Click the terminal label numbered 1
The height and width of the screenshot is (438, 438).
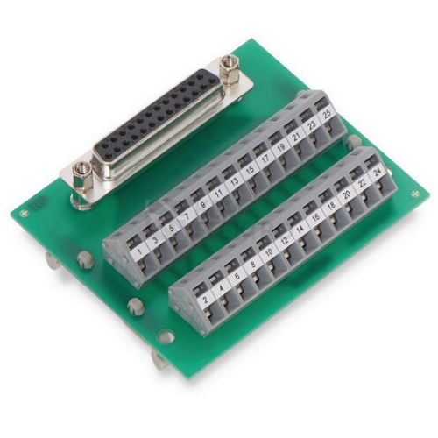click(x=139, y=251)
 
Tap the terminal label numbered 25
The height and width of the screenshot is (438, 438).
click(x=328, y=113)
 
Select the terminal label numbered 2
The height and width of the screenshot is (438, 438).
click(x=206, y=300)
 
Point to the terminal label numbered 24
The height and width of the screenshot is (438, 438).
click(x=378, y=173)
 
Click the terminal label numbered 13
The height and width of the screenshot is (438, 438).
click(x=235, y=181)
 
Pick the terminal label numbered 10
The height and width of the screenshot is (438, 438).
click(x=269, y=252)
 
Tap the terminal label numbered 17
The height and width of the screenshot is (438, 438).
click(x=265, y=159)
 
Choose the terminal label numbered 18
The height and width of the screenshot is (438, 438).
click(x=331, y=206)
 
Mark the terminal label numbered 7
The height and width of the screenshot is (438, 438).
click(x=187, y=216)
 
